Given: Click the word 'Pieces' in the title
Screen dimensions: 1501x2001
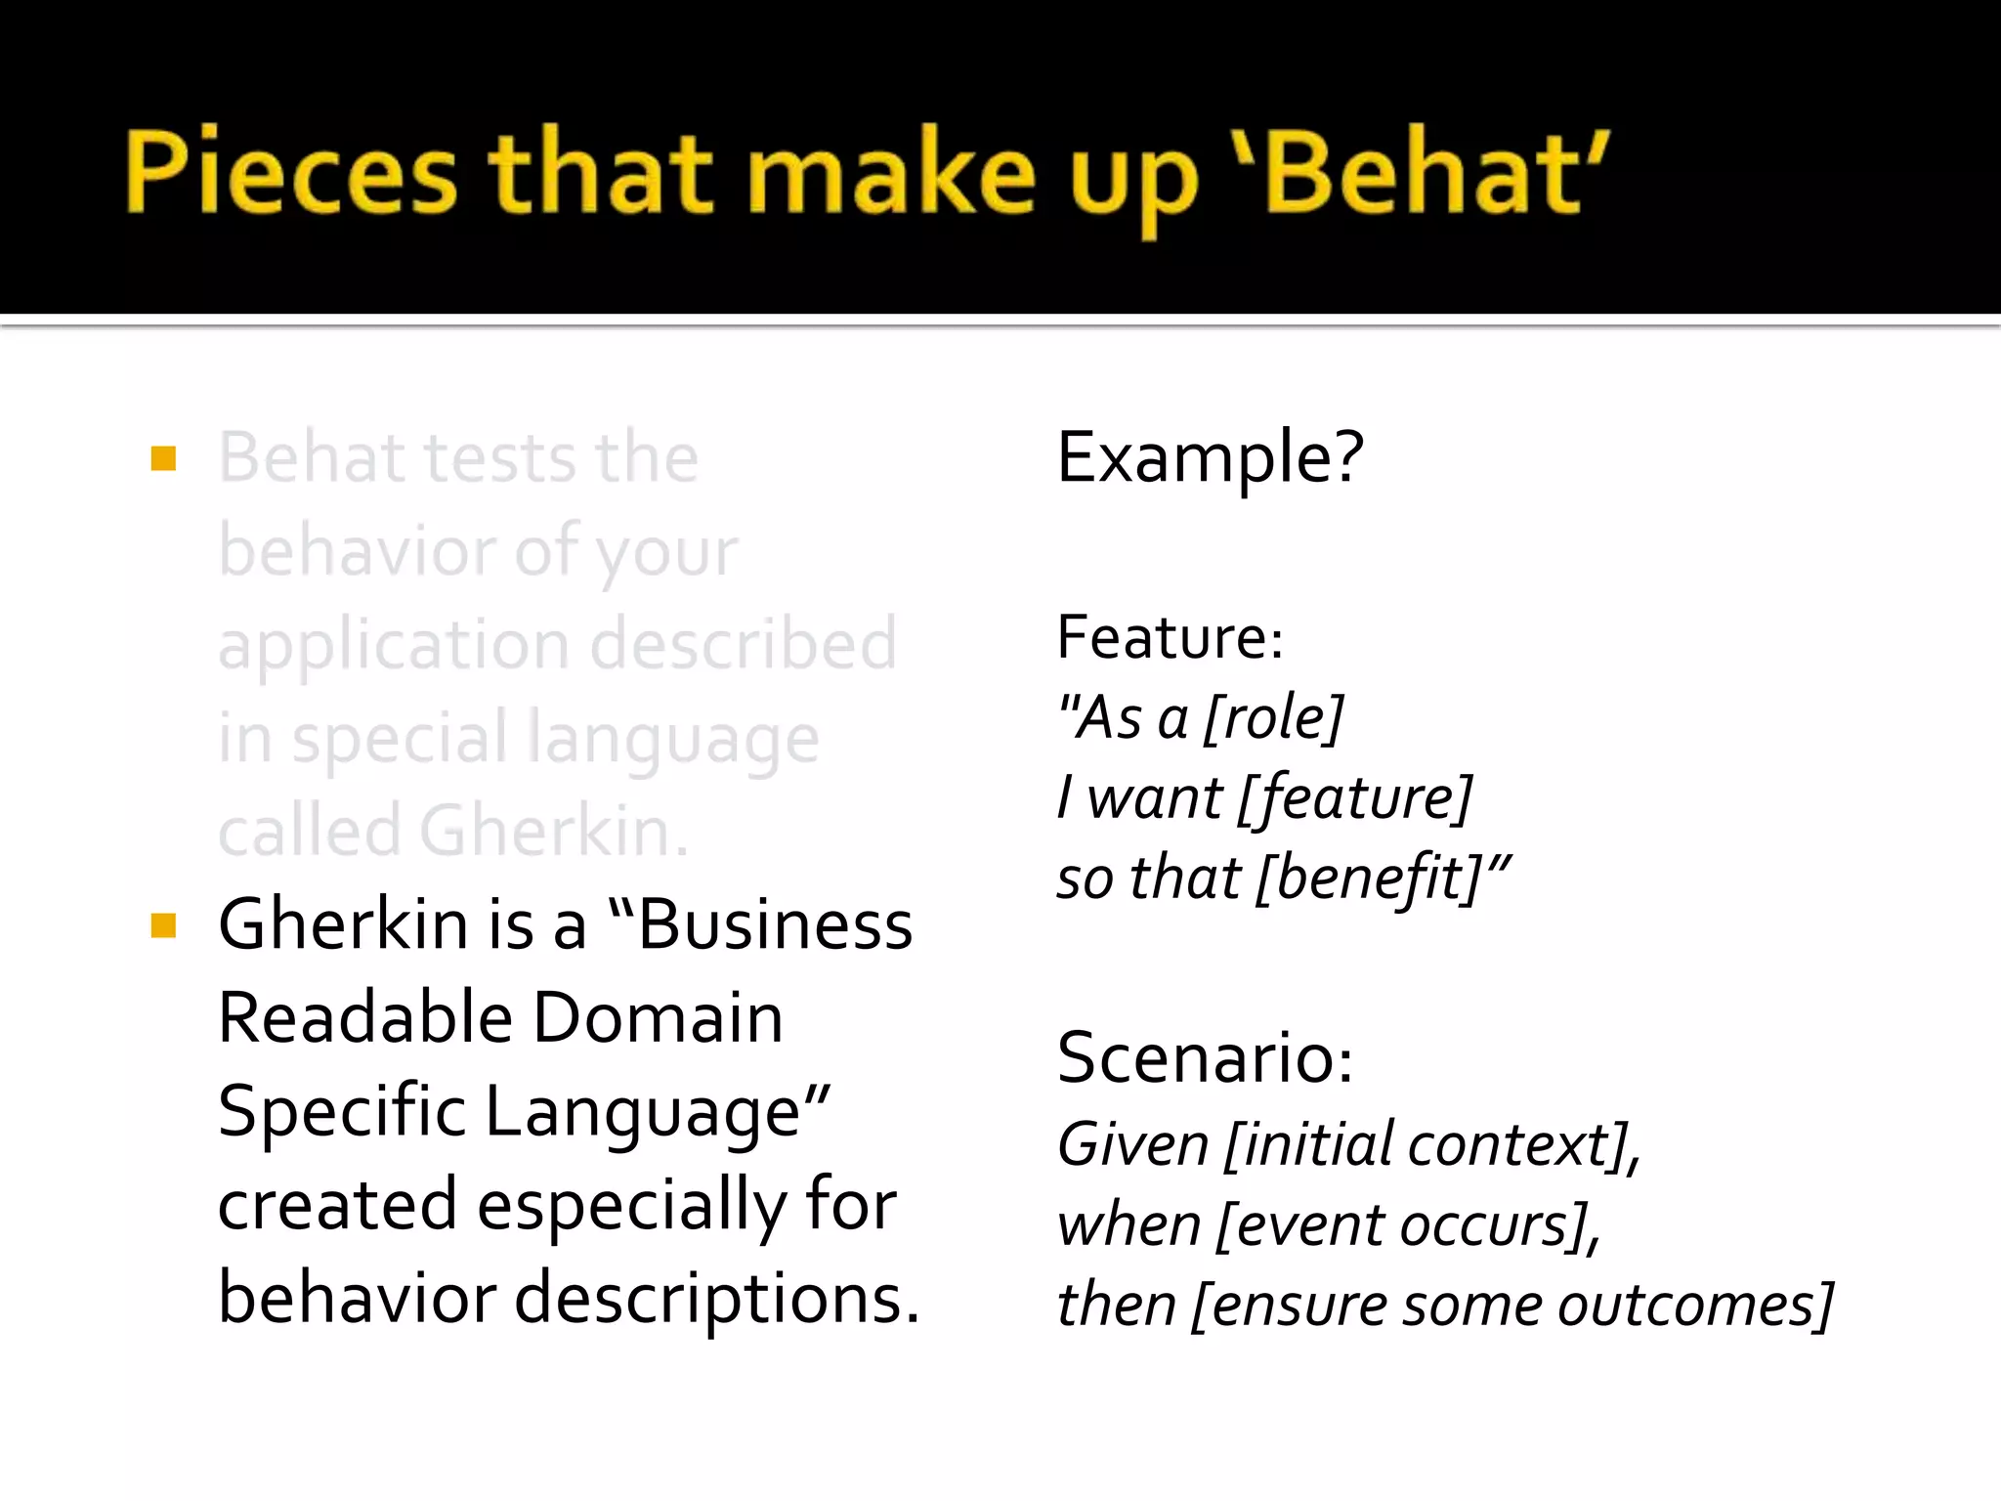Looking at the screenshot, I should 291,174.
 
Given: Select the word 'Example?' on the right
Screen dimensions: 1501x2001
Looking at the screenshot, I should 1210,457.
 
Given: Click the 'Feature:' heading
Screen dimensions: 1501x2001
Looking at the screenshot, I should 1170,638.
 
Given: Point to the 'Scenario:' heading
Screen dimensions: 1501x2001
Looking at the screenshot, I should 1205,1058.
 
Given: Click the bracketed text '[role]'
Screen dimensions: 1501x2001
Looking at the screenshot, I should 1273,718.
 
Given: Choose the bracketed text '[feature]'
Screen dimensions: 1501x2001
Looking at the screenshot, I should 1354,798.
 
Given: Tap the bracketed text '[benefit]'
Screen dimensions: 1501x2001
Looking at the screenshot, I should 1371,879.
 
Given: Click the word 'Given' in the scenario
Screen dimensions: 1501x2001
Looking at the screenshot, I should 1133,1144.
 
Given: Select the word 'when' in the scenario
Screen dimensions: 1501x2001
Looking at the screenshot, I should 1128,1225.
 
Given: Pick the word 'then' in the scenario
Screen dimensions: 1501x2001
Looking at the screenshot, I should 1116,1306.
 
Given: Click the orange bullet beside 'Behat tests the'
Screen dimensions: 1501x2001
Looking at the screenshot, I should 163,458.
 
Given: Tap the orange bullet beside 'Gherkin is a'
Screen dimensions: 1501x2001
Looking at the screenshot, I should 163,924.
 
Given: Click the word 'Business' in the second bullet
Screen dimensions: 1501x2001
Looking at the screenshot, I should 775,924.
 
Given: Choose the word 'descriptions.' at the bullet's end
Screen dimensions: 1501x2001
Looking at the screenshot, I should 716,1299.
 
